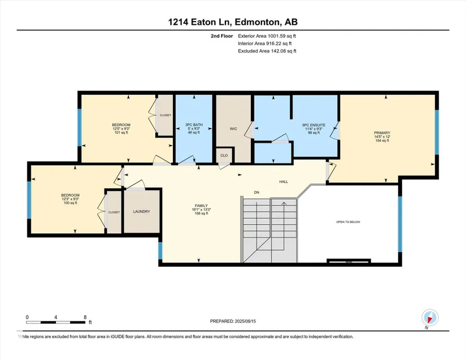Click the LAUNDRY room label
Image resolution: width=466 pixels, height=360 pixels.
tap(141, 212)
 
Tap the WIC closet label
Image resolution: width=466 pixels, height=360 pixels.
tap(233, 129)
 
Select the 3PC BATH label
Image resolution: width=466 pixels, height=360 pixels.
tap(194, 125)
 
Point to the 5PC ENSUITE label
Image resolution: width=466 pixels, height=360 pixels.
tap(313, 125)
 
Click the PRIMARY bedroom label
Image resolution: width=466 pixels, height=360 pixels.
tap(382, 133)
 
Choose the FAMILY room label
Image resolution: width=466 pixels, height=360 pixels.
tap(201, 205)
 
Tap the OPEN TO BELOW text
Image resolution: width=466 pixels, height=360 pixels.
tap(348, 222)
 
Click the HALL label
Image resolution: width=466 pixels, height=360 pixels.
tap(284, 182)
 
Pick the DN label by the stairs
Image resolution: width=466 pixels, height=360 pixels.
tap(256, 192)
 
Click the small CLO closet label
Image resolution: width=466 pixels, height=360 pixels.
tap(224, 156)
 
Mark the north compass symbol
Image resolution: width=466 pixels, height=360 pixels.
tap(430, 318)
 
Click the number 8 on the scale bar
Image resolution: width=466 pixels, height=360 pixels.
tap(85, 317)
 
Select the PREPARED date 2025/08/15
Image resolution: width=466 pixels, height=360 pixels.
tap(245, 321)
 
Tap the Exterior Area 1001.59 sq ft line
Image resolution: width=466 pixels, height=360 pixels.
tap(267, 36)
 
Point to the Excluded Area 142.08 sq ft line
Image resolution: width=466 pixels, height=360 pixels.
tap(267, 51)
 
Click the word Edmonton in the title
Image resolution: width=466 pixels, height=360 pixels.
tap(258, 22)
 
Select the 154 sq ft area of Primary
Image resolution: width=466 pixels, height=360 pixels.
tap(382, 141)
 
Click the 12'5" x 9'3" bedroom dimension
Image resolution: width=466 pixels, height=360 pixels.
tap(121, 129)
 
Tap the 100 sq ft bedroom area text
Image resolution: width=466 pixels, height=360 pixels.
tap(70, 203)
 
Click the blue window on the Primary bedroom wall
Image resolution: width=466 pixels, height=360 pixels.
tap(437, 133)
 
